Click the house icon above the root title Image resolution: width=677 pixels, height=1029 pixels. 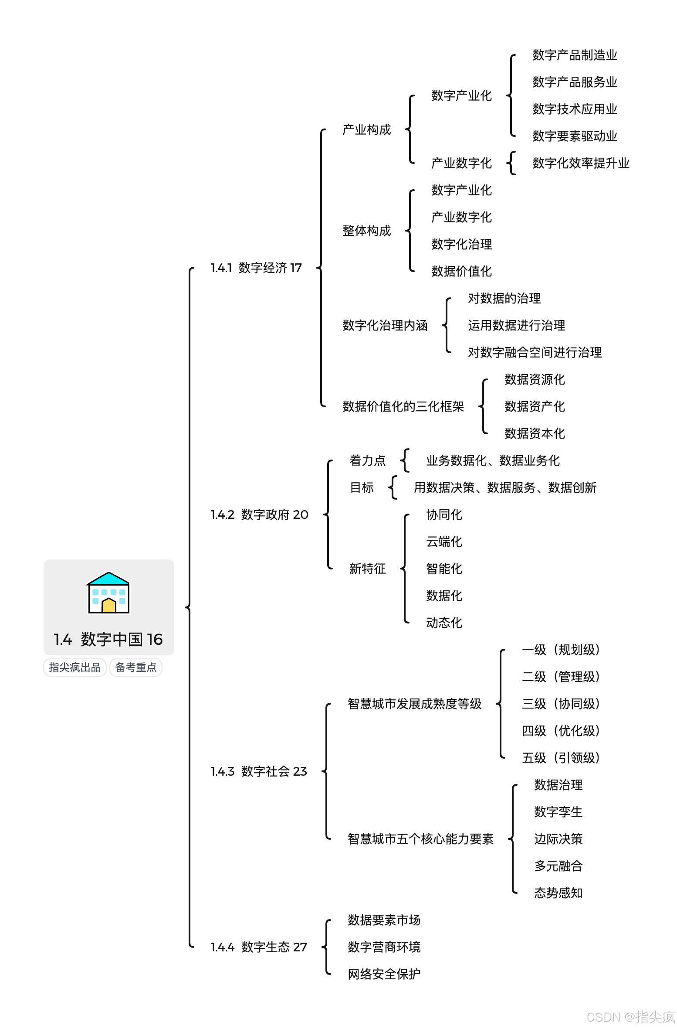[108, 593]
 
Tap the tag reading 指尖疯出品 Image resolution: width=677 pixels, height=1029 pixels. [75, 668]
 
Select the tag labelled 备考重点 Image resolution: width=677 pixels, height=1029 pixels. [136, 668]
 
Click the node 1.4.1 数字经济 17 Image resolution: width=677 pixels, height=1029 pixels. [256, 268]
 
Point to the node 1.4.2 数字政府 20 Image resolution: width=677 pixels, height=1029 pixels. [259, 514]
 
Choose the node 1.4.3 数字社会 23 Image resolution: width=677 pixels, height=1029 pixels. [259, 771]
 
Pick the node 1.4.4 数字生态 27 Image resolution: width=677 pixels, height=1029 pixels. [259, 947]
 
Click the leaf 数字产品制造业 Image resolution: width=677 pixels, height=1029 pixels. [575, 55]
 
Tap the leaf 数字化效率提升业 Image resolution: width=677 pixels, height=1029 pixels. [581, 164]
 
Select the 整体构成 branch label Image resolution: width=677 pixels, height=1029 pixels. [367, 231]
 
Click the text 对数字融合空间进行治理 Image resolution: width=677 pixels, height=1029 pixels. [535, 352]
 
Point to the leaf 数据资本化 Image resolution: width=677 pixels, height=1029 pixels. [535, 433]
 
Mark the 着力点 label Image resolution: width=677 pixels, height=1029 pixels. [368, 460]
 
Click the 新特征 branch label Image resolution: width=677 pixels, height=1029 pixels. [368, 569]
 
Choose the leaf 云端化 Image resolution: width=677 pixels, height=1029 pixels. [444, 542]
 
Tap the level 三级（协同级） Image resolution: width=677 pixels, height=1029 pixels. [561, 704]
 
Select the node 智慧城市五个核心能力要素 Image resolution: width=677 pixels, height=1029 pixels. [420, 839]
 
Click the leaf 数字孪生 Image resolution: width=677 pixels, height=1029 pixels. [558, 812]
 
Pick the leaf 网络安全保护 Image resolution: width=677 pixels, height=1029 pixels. [384, 974]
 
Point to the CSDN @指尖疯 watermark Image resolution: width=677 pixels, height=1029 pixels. [630, 1017]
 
